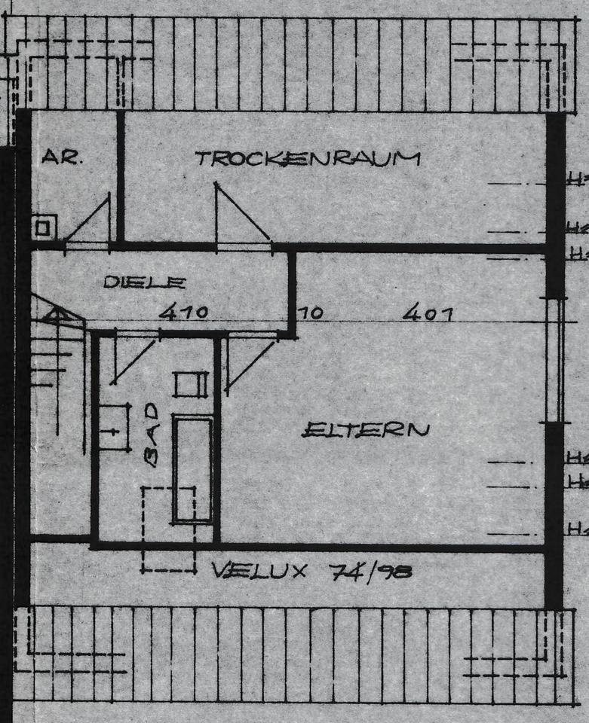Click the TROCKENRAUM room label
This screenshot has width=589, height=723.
(307, 159)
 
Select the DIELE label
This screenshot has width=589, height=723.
(144, 283)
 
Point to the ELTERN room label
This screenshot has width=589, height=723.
(366, 430)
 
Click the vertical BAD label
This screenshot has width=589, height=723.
(152, 435)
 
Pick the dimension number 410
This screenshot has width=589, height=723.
(183, 312)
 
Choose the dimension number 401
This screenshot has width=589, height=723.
(428, 313)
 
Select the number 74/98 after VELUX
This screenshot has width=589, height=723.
(371, 572)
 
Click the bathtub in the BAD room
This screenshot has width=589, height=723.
(192, 468)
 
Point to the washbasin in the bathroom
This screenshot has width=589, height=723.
(113, 428)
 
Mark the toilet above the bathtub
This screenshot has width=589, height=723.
(191, 384)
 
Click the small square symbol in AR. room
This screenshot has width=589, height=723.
(44, 227)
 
